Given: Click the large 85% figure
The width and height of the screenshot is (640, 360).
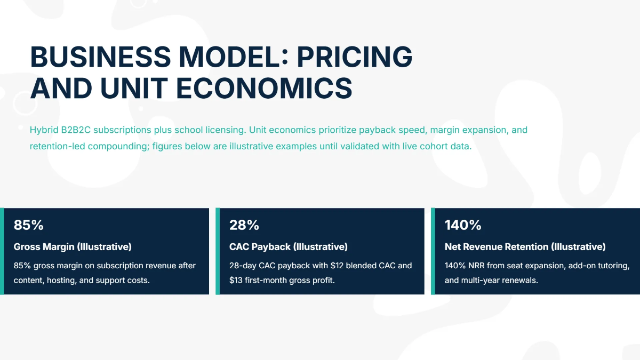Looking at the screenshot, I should coord(28,225).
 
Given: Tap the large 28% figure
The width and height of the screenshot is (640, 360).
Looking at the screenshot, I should coord(244,225).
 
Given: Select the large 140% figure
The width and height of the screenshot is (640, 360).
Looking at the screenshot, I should coord(463,225).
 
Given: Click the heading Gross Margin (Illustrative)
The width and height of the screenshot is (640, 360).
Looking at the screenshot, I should coord(73,247).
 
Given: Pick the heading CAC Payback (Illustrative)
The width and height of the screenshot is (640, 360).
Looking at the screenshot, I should coord(288,247).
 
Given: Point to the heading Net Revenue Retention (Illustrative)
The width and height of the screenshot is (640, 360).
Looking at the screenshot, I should coord(525,247).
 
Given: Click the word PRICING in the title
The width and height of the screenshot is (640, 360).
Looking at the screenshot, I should coord(355,56).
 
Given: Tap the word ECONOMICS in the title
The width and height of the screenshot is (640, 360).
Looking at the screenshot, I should coord(263,88).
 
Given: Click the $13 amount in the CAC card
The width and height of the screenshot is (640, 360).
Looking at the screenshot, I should coord(236,280).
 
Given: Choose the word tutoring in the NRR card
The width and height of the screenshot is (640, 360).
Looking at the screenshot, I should coord(612,266).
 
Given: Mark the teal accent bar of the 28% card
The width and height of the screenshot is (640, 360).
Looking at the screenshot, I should coord(218,251).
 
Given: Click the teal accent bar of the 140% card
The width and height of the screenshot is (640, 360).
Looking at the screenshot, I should coord(433,251).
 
